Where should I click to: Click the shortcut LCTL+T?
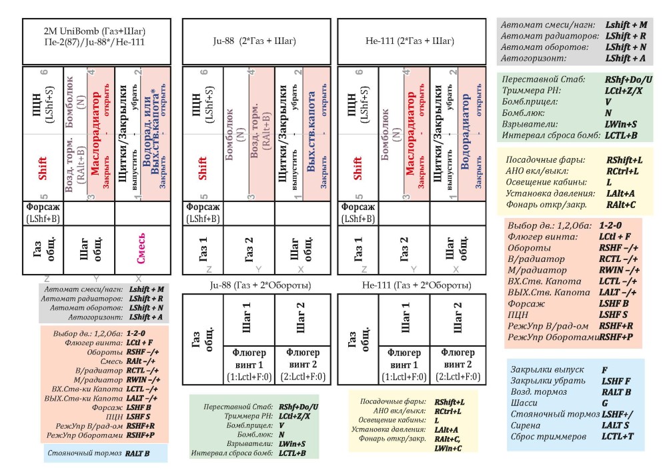click(618, 437)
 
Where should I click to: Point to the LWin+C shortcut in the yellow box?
click(449, 449)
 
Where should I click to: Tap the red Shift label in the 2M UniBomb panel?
click(43, 168)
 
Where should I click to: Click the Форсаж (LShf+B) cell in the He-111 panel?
click(358, 212)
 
